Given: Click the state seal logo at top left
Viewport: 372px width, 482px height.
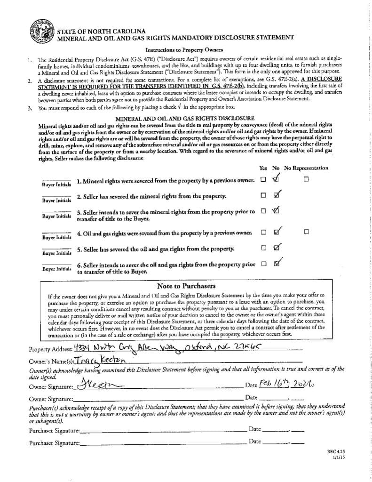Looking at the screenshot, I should point(42,31).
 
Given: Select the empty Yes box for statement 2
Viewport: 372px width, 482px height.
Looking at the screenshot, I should point(263,195).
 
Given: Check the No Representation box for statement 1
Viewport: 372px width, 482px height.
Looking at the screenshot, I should point(306,179).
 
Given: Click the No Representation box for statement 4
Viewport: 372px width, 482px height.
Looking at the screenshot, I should point(306,232).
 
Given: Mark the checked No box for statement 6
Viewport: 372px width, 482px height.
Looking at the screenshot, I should point(277,264).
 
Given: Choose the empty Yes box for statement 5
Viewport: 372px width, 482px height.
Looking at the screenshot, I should point(263,248).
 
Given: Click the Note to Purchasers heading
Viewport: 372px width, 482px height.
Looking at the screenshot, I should point(186,286).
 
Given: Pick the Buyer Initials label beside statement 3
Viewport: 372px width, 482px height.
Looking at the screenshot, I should point(57,216).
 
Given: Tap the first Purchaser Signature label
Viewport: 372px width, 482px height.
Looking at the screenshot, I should point(54,430).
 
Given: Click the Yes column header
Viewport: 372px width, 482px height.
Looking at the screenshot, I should point(263,168).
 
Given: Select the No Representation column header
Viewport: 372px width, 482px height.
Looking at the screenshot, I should point(306,168).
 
